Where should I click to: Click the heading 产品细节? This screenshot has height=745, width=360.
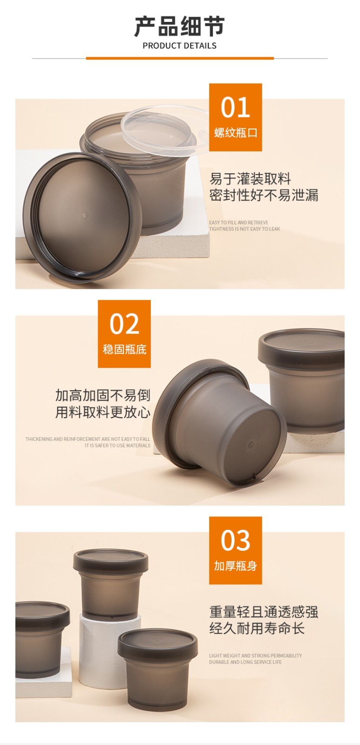point(180,26)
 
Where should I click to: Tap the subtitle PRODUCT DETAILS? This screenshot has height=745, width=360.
point(180,46)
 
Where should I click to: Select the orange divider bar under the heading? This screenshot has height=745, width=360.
point(180,58)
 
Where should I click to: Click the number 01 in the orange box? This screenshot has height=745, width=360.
point(235,108)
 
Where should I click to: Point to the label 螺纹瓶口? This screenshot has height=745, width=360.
point(236,133)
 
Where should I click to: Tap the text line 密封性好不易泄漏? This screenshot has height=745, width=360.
point(264,195)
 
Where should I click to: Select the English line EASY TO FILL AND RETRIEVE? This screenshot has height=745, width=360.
point(238,223)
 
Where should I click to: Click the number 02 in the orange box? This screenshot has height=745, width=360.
point(124,324)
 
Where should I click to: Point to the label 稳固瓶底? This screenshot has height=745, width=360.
point(124,349)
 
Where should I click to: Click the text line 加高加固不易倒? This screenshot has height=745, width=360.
point(103,395)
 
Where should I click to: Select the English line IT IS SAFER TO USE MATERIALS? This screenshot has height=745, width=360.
point(117,446)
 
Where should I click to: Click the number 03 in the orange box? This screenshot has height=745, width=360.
point(236,541)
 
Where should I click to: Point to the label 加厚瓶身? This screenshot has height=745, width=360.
point(236,566)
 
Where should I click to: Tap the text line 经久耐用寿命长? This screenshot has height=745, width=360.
point(257,628)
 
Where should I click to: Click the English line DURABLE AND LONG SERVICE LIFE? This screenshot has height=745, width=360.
point(245,662)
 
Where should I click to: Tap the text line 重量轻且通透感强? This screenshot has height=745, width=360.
point(264,612)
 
